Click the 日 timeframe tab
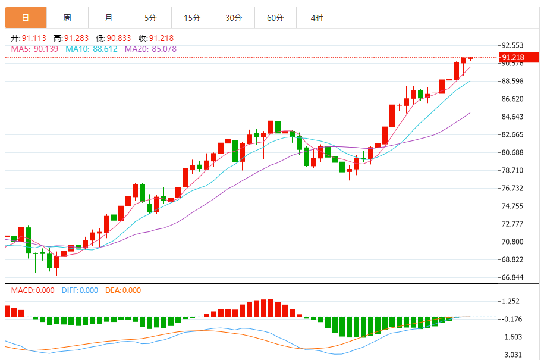pyautogui.click(x=26, y=18)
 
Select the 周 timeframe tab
pyautogui.click(x=67, y=18)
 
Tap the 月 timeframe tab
pyautogui.click(x=109, y=18)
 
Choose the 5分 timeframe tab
pyautogui.click(x=150, y=18)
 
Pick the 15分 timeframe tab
pyautogui.click(x=192, y=18)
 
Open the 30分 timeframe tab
pyautogui.click(x=234, y=18)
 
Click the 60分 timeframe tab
pyautogui.click(x=275, y=18)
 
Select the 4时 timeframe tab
pyautogui.click(x=317, y=18)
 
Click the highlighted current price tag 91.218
pyautogui.click(x=518, y=58)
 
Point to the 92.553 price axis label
pyautogui.click(x=512, y=45)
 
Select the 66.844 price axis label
pyautogui.click(x=512, y=277)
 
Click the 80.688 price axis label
pyautogui.click(x=512, y=152)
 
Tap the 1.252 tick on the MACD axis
pyautogui.click(x=511, y=301)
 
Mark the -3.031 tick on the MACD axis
pyautogui.click(x=512, y=355)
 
